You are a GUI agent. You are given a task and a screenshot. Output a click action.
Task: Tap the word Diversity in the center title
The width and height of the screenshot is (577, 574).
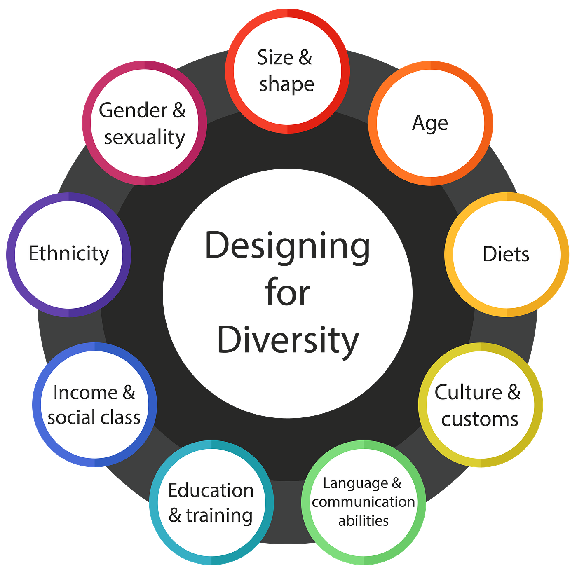288,340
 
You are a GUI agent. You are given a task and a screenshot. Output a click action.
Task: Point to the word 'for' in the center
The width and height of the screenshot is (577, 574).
288,294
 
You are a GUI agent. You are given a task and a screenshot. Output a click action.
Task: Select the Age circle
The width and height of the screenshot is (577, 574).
430,123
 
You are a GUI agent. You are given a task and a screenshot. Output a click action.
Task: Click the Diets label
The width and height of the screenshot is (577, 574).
506,254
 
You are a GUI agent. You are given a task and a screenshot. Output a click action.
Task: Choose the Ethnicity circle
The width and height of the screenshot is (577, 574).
68,254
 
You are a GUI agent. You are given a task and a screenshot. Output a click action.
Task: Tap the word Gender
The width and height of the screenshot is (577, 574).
133,110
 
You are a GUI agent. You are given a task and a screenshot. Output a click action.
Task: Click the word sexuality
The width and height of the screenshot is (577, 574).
144,138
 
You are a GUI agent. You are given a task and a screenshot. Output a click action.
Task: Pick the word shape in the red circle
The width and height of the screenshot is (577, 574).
286,84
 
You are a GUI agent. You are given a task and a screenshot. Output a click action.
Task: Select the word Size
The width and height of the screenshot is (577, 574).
275,57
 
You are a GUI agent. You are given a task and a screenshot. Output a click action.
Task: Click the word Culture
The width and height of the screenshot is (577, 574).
468,392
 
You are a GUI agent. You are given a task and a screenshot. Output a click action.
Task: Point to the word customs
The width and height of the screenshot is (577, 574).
480,419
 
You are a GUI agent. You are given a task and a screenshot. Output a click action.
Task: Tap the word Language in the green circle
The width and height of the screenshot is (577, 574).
355,483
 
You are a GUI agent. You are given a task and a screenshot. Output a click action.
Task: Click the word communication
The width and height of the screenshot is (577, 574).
364,502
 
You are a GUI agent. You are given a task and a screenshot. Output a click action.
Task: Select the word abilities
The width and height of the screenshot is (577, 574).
364,521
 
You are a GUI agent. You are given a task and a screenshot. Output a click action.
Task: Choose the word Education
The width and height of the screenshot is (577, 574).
211,490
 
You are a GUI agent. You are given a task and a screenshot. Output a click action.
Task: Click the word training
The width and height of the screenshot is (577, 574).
219,515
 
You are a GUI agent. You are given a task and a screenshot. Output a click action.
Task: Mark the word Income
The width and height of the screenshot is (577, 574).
85,392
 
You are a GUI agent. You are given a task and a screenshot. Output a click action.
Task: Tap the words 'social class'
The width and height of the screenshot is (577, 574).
94,418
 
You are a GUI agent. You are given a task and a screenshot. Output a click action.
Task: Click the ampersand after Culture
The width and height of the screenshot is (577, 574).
514,392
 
